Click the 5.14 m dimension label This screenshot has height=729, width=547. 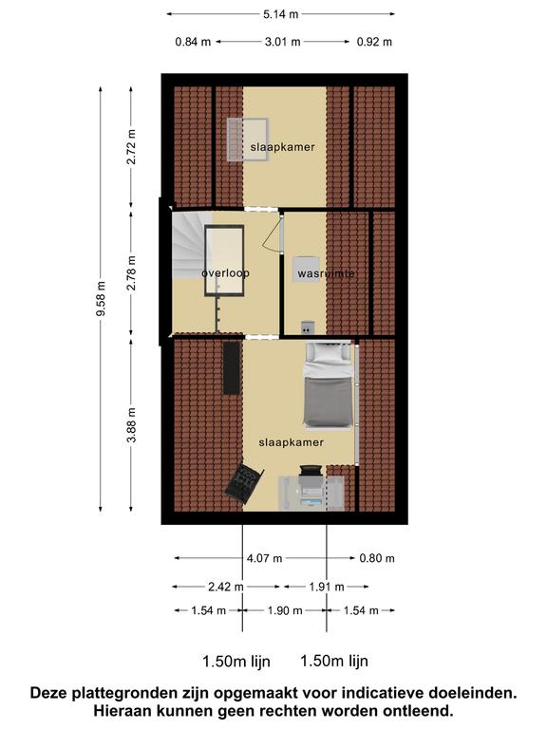[280, 14]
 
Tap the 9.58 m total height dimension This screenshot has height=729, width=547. [101, 298]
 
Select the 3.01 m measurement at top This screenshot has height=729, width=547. [282, 42]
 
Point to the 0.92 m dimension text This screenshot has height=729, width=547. [374, 42]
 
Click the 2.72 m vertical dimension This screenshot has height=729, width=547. [132, 146]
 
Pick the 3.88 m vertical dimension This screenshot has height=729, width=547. [132, 424]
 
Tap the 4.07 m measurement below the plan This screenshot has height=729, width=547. [264, 558]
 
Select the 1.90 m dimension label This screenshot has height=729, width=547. [285, 610]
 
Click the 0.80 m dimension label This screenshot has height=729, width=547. [377, 558]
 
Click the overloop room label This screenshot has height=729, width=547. [226, 273]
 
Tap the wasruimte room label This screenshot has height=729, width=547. [327, 273]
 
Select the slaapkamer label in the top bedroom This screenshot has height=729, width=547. [283, 147]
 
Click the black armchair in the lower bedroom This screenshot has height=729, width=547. [244, 482]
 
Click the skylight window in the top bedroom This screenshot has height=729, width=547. [248, 140]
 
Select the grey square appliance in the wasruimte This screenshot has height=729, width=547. [306, 269]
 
